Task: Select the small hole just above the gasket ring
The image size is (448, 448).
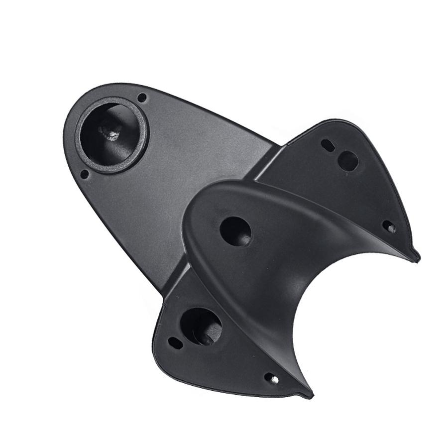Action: pyautogui.click(x=142, y=97)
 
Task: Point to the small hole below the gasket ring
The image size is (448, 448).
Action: pyautogui.click(x=85, y=174)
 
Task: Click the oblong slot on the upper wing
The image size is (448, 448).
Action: pyautogui.click(x=328, y=145)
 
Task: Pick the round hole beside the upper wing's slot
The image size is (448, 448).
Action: pyautogui.click(x=347, y=160)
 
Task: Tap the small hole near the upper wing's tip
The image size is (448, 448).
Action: pyautogui.click(x=390, y=227)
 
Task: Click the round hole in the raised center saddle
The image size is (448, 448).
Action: pyautogui.click(x=235, y=231)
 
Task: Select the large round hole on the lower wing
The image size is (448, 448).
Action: pyautogui.click(x=201, y=326)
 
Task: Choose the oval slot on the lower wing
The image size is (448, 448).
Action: pyautogui.click(x=175, y=342)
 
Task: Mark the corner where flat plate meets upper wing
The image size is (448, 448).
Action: pyautogui.click(x=277, y=147)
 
